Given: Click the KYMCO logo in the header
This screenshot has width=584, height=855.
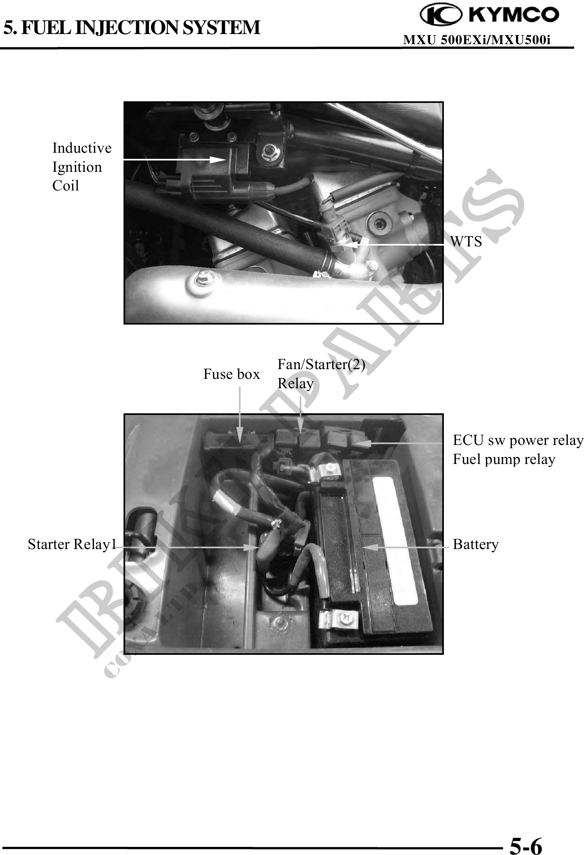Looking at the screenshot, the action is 490,15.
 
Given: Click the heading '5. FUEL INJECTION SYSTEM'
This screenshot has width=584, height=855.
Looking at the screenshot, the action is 132,28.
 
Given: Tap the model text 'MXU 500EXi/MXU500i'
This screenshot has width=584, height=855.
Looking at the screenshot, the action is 477,40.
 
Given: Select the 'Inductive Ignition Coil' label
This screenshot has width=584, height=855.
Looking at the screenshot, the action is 82,167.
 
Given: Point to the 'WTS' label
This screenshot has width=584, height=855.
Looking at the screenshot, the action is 466,242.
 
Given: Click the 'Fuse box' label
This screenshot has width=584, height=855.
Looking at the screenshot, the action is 231,374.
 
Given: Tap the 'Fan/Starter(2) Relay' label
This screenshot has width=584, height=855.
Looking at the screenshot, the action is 321,374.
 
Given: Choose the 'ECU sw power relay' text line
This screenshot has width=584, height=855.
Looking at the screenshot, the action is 518,440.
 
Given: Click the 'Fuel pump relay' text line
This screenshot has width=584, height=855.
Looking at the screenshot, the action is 504,460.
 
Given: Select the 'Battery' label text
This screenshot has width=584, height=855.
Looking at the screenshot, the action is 475,544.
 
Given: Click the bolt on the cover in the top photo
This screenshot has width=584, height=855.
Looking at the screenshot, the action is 201,279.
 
